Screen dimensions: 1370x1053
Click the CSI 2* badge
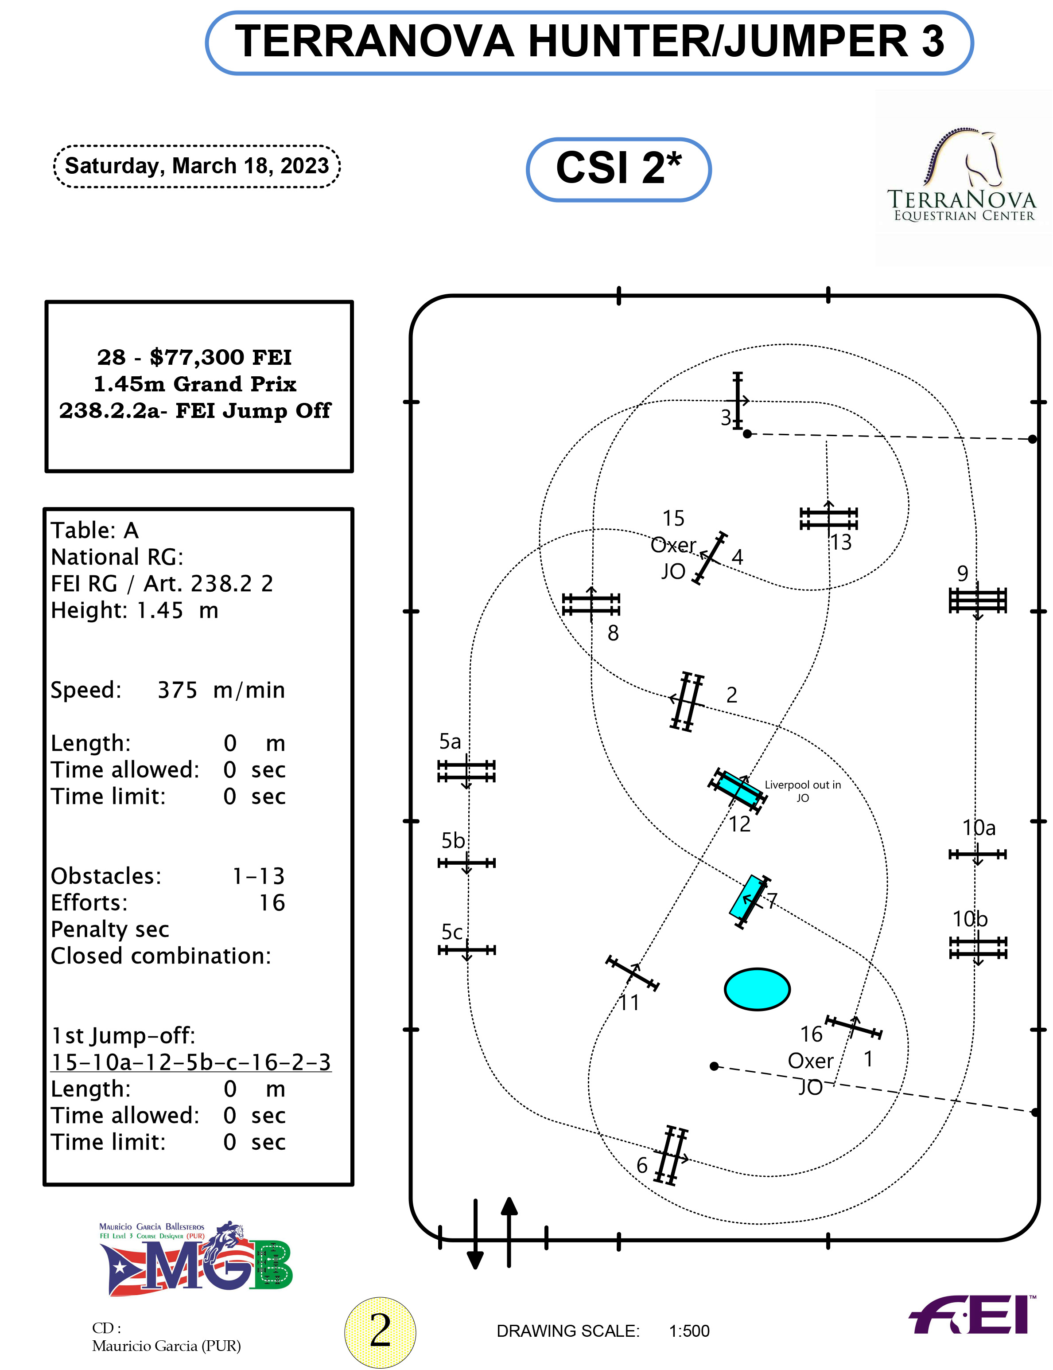coord(618,169)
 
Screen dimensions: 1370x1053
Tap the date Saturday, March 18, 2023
coord(196,166)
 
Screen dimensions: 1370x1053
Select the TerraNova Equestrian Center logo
coord(962,179)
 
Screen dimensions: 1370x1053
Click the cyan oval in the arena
coord(757,989)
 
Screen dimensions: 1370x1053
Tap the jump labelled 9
coord(977,601)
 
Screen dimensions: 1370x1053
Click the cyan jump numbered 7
coord(750,901)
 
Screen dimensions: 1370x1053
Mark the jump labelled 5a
coord(466,771)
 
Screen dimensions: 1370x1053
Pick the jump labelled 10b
coord(978,948)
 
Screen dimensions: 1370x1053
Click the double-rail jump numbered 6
coord(671,1155)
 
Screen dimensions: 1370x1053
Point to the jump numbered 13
coord(828,519)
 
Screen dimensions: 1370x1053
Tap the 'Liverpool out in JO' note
coord(802,790)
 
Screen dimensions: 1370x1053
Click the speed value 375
coord(177,690)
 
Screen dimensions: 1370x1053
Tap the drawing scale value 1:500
coord(689,1331)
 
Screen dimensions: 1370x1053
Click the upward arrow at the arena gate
coord(509,1232)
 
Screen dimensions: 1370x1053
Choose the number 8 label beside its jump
coord(613,633)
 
